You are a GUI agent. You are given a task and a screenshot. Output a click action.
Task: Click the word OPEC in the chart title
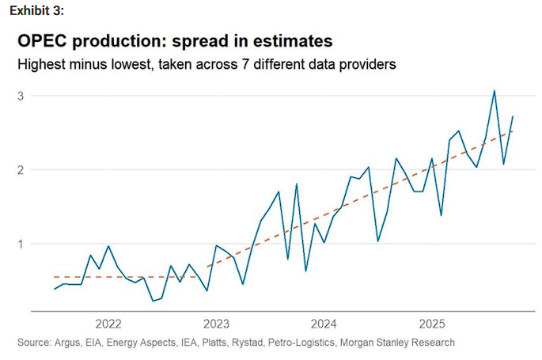click(x=46, y=41)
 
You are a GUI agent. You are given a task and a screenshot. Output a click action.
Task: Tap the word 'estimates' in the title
click(x=286, y=41)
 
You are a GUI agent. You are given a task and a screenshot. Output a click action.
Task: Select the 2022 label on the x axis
click(x=108, y=324)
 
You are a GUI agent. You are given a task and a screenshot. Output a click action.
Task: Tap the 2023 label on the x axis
click(x=216, y=324)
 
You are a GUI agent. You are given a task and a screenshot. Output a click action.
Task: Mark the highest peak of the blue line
click(x=495, y=90)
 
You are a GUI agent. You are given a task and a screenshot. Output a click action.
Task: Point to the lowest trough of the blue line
click(x=154, y=301)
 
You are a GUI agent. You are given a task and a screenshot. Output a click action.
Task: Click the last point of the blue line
click(x=513, y=116)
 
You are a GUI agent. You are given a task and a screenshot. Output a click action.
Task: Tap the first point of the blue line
click(x=55, y=290)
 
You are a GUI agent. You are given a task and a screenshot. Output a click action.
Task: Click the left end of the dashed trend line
click(x=53, y=277)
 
